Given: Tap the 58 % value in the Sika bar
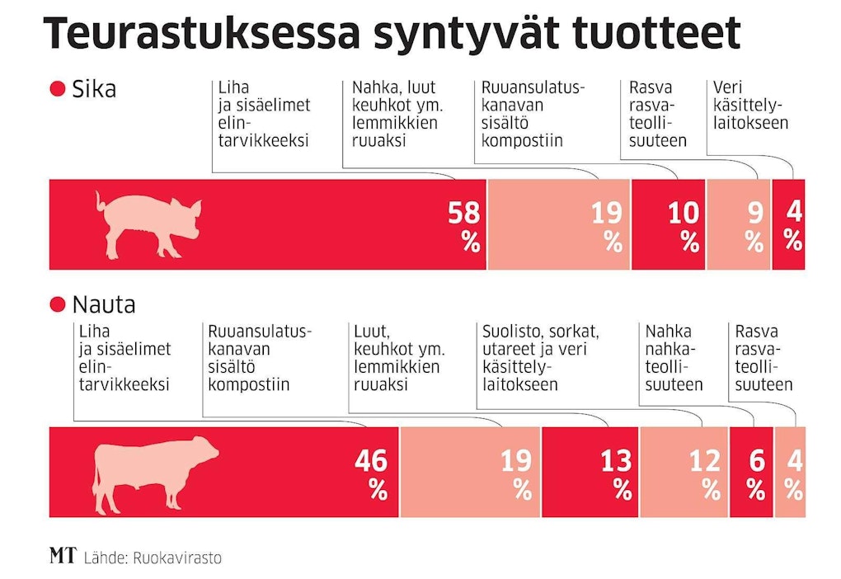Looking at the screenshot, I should [464, 226].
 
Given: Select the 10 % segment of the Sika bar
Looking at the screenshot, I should [669, 225].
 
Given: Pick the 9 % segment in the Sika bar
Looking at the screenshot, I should [739, 225].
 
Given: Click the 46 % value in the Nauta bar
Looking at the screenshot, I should [371, 473].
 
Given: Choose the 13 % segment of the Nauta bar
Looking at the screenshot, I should [590, 473].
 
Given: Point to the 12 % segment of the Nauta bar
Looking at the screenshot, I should [684, 473].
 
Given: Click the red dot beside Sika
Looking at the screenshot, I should [57, 89].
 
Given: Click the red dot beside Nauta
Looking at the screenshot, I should [57, 305].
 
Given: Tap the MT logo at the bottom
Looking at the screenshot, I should [63, 557].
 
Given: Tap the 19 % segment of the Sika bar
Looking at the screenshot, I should [559, 225].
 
